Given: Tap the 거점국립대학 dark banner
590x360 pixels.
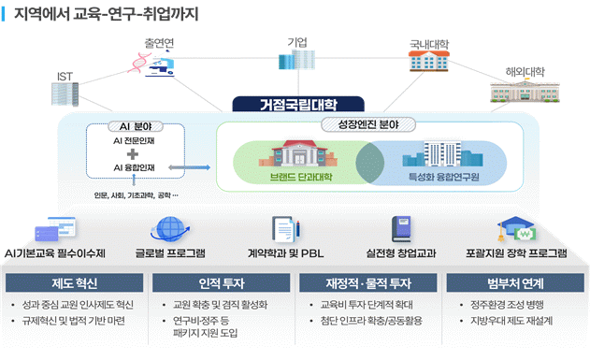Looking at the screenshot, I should (x=295, y=104).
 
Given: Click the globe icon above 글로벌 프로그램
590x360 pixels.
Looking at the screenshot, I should (x=169, y=228).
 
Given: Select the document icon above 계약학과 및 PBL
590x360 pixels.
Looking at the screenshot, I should (x=282, y=228).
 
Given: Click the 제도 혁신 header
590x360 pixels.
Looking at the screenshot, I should (x=75, y=282).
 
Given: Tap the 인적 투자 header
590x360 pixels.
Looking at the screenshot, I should (x=222, y=282).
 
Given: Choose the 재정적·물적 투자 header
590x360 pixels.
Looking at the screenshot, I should (x=367, y=282).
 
